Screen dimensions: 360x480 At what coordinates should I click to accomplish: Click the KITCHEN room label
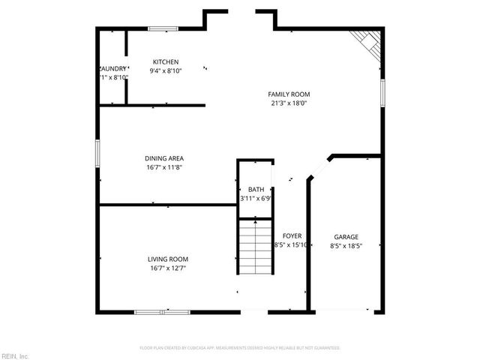tap(166, 61)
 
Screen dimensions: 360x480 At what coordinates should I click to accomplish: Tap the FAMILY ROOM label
tap(289, 94)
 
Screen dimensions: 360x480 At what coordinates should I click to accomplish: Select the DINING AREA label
tap(164, 158)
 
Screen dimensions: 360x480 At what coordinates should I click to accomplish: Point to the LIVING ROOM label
tap(167, 259)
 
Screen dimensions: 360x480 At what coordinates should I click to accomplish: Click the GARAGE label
tap(346, 237)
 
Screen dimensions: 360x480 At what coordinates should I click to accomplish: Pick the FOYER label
tap(292, 235)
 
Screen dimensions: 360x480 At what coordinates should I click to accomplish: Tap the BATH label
tap(256, 190)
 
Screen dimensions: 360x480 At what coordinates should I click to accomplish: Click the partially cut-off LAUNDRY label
tap(112, 68)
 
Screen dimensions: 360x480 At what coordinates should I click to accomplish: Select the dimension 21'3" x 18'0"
tap(289, 103)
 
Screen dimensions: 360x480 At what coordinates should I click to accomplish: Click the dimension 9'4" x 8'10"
tap(166, 71)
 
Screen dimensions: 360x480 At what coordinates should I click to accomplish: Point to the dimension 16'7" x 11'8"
tap(164, 167)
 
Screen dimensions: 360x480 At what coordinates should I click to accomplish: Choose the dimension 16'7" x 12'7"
tap(167, 268)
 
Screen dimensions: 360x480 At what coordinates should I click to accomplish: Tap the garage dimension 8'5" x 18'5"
tap(346, 245)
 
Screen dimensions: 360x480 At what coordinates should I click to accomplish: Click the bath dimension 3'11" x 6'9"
tap(255, 199)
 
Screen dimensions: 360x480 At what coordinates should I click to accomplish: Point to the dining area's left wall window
tap(97, 152)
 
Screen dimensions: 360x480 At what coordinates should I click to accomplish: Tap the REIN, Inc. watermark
tap(15, 355)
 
